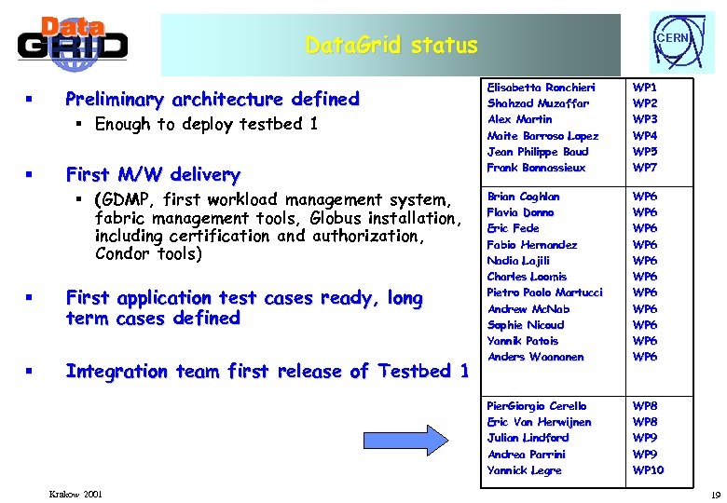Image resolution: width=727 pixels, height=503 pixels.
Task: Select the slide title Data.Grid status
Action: pos(392,45)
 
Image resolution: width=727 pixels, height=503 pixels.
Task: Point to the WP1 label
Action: pos(645,87)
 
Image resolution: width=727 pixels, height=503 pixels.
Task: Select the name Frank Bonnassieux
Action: pos(536,168)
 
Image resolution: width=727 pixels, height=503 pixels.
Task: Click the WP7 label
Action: pos(645,168)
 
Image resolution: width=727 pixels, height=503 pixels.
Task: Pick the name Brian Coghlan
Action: pos(523,197)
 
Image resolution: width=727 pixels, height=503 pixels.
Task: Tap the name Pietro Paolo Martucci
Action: pos(544,292)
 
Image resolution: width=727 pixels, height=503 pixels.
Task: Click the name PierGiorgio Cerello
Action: pos(537,406)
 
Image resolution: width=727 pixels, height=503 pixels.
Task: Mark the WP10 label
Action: pos(648,470)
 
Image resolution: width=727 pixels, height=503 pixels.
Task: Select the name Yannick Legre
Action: pos(524,470)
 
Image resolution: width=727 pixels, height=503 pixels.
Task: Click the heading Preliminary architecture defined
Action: pos(212,99)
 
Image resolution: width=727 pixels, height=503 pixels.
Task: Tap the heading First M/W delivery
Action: pos(153,174)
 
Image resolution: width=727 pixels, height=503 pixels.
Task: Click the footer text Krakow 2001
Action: pos(76,493)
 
